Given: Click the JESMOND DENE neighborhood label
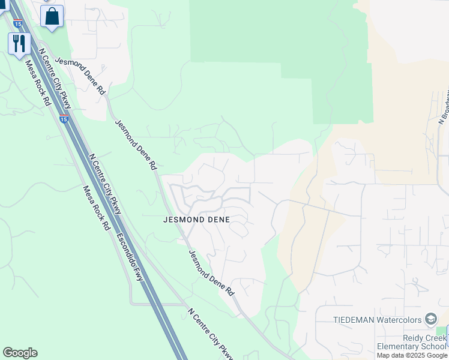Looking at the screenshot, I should (x=196, y=220).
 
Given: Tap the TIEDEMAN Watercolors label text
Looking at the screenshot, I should (x=378, y=319).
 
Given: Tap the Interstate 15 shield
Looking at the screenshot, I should (x=64, y=118).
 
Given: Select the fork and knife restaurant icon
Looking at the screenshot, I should (x=19, y=43).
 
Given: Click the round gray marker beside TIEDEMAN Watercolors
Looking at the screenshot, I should (x=430, y=319).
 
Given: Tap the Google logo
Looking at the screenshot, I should (x=20, y=353).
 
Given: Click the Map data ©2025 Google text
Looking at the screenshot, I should (x=412, y=355).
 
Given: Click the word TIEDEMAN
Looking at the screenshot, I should (x=354, y=319).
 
